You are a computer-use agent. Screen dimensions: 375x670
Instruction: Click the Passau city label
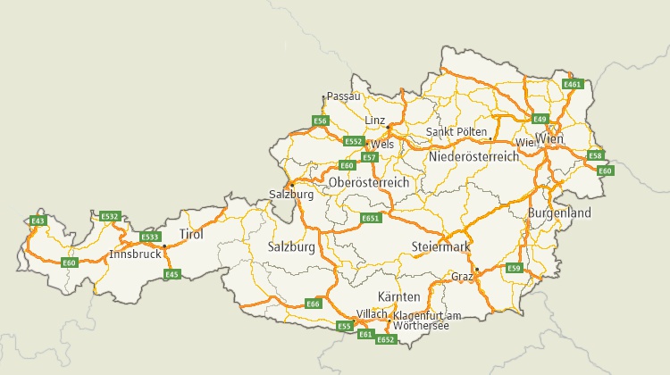(344, 96)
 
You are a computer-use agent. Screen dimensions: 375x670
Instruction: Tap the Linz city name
(375, 121)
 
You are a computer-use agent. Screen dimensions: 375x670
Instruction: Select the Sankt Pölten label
(456, 132)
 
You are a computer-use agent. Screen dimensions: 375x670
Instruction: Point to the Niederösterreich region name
(473, 156)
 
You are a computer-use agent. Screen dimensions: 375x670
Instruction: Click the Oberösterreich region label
(369, 182)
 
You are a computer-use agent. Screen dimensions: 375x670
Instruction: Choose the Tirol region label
(192, 235)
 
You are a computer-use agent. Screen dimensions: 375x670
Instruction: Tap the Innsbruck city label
(135, 254)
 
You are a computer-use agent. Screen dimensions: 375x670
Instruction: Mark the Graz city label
(462, 277)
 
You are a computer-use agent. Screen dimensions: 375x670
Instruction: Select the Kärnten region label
(398, 296)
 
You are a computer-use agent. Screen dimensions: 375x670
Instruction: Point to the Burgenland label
(560, 214)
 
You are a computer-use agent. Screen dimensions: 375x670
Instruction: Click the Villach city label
(372, 314)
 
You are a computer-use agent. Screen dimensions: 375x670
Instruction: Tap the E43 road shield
(38, 221)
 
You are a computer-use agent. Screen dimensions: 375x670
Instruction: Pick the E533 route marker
(150, 237)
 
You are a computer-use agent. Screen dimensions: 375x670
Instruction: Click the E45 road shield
(173, 274)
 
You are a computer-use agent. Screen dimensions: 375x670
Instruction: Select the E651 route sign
(371, 219)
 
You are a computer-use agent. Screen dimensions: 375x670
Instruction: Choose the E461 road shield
(573, 84)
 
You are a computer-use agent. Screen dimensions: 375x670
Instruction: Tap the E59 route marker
(514, 268)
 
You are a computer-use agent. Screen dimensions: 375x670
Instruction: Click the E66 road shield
(313, 304)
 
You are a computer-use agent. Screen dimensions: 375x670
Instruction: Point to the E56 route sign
(321, 121)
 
